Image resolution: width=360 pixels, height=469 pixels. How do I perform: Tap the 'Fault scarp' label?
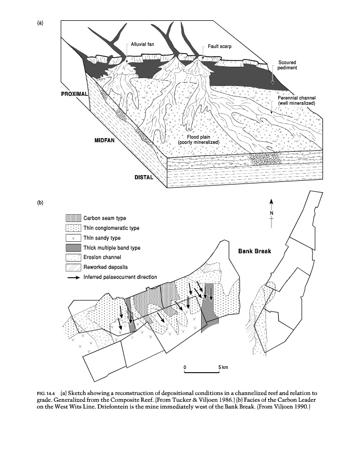(x=219, y=46)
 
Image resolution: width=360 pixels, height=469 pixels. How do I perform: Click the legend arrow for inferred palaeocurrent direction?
(x=73, y=277)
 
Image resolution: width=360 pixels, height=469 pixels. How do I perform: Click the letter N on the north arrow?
(x=271, y=213)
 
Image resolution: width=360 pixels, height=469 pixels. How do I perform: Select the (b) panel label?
(x=40, y=202)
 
